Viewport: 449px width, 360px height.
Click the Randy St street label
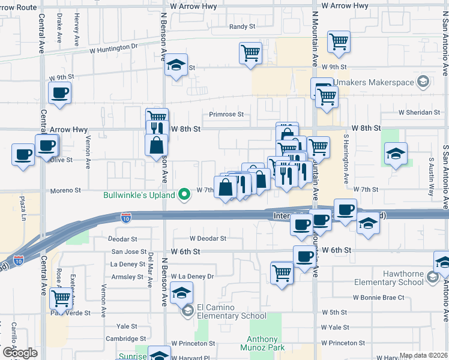243,27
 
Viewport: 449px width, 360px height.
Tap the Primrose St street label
226,114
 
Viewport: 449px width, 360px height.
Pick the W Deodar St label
207,238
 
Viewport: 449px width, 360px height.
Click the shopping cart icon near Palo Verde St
61,297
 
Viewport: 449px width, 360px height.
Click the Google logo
19,353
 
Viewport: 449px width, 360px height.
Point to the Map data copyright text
423,355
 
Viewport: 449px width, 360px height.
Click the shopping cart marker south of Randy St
250,52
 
